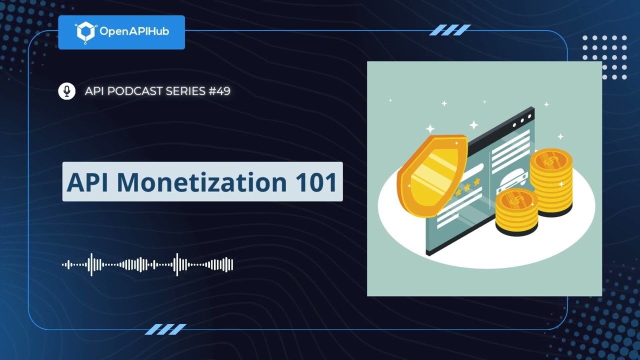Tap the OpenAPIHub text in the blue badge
point(134,32)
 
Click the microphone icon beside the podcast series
point(66,91)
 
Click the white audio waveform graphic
point(147,264)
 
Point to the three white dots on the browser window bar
point(522,120)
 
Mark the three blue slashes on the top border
point(450,30)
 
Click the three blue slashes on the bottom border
point(165,329)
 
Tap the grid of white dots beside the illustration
point(604,57)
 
